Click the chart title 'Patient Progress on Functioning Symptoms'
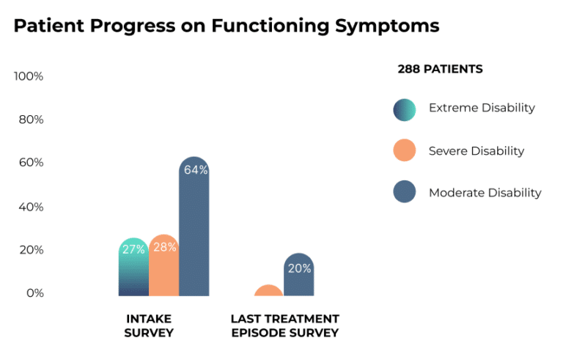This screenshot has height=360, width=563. [227, 26]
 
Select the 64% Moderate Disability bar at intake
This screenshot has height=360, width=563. [194, 227]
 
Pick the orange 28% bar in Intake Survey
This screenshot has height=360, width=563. [163, 267]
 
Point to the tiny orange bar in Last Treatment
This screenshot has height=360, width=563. [268, 291]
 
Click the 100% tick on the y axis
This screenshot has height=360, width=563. [29, 77]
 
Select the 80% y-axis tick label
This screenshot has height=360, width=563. [30, 120]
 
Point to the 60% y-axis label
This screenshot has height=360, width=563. [30, 163]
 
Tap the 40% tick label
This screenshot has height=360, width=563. [30, 207]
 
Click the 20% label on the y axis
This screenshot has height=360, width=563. [30, 250]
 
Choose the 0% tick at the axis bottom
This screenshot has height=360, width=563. [33, 293]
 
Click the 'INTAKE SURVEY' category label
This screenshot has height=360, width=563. [150, 326]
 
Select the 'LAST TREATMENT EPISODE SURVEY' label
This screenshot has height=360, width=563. [285, 326]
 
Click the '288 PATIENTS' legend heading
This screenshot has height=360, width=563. [440, 69]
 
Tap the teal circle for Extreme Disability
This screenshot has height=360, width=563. [404, 109]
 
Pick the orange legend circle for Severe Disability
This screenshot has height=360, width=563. [404, 151]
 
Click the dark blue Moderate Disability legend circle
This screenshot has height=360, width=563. [404, 193]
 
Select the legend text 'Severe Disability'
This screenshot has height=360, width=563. [476, 151]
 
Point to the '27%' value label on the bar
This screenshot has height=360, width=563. [133, 249]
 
